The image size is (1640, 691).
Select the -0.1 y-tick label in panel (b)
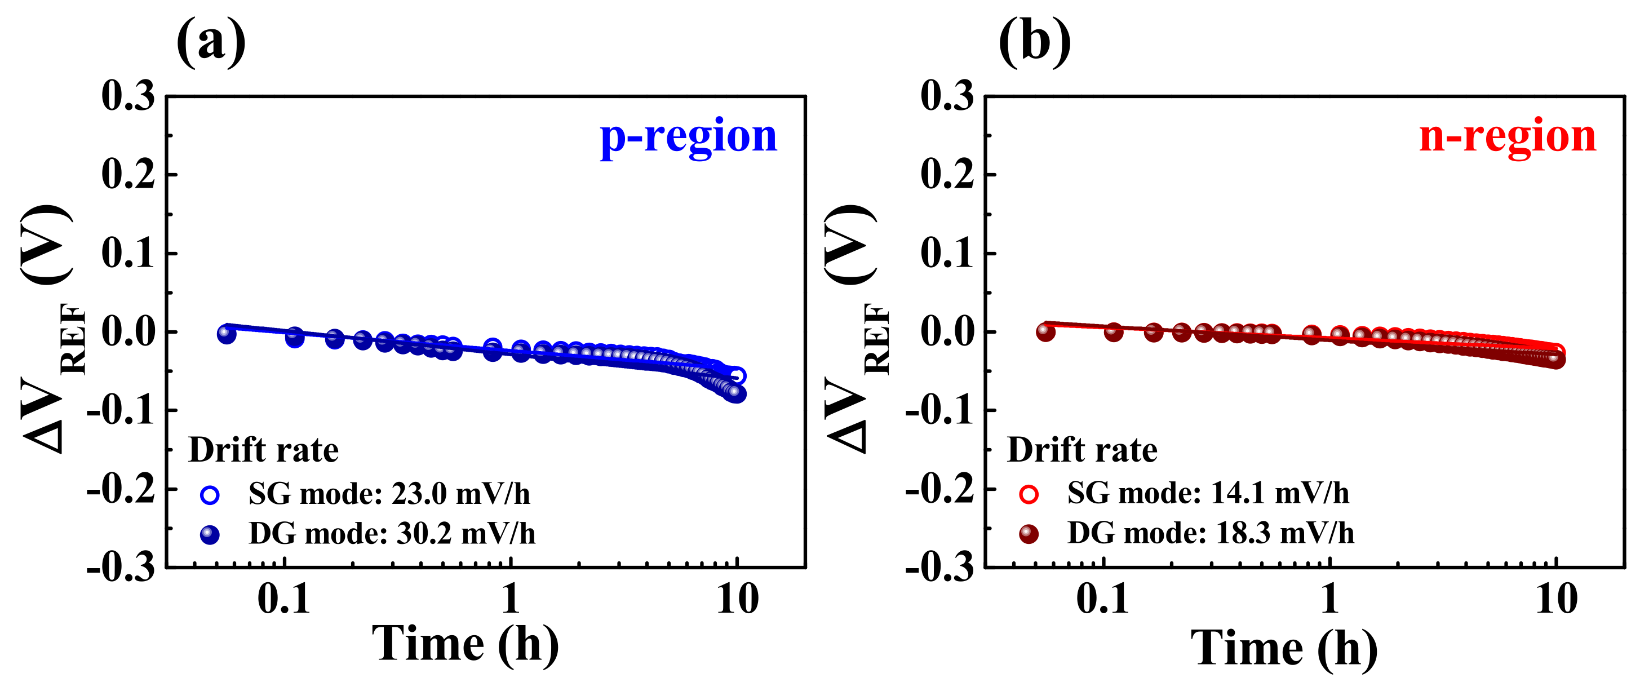[x=939, y=411]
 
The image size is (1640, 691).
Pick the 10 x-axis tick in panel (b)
[x=1556, y=599]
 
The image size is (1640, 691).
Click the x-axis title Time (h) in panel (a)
[x=466, y=645]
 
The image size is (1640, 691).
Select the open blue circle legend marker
[x=210, y=495]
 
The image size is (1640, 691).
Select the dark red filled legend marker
[x=1028, y=534]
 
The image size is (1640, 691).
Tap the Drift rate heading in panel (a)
[x=264, y=450]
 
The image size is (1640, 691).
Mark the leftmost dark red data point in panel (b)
[x=1045, y=332]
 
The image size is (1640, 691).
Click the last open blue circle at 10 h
[x=737, y=376]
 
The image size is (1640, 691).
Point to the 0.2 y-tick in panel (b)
[x=947, y=175]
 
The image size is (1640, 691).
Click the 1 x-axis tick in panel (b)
[x=1329, y=599]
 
